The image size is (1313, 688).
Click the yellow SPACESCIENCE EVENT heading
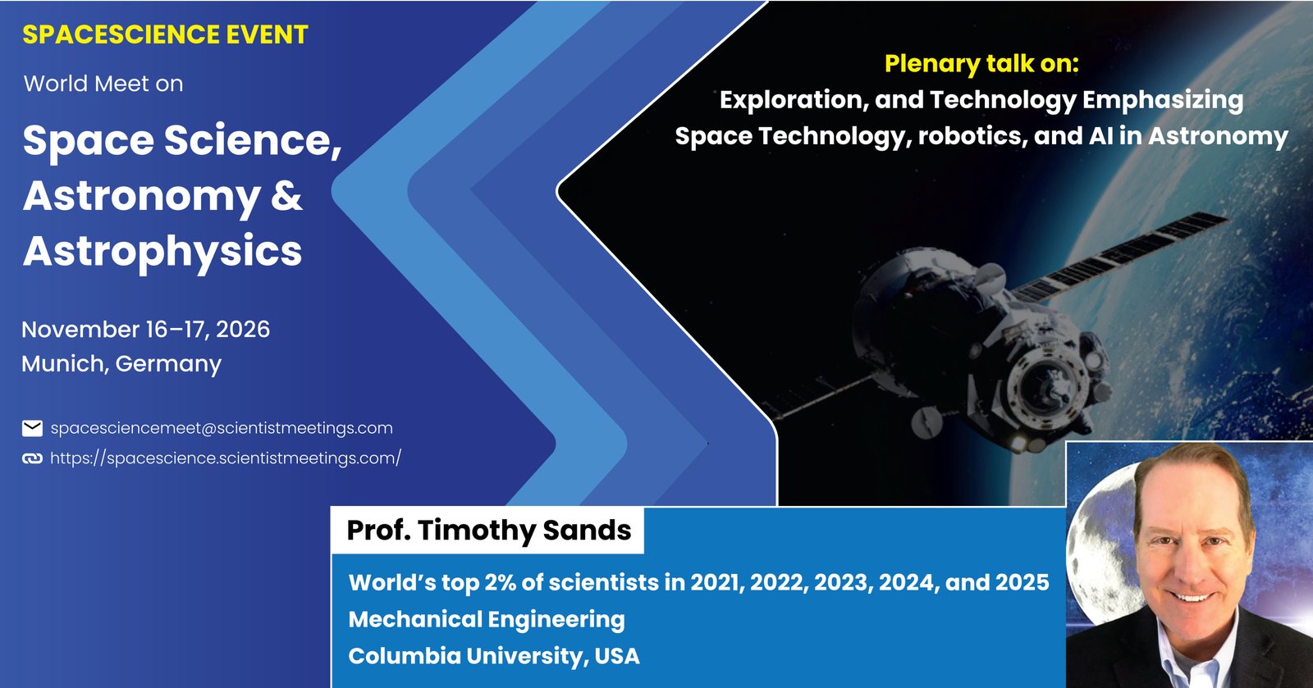165,34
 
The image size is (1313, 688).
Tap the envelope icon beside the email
32,428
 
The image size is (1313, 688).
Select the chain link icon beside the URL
32,458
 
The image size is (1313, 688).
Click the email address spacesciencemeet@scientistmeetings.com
222,428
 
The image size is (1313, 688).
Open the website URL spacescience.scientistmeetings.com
226,458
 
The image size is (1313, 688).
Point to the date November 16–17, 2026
146,329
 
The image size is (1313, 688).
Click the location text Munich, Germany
121,363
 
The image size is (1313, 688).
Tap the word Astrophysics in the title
162,252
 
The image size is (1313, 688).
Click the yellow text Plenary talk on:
981,64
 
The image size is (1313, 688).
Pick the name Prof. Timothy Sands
489,530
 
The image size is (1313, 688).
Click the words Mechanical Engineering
487,620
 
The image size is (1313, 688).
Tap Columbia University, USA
493,656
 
